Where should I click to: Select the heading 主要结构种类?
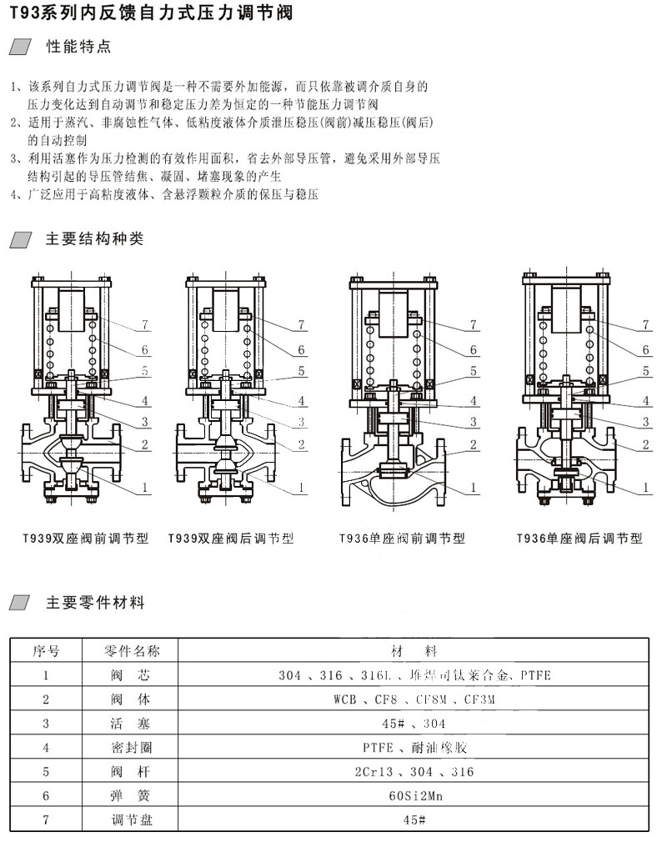click(x=94, y=239)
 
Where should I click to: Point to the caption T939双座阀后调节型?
click(x=231, y=539)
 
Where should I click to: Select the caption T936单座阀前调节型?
click(x=402, y=539)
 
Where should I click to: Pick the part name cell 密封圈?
click(x=131, y=748)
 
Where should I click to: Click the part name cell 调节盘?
click(x=131, y=820)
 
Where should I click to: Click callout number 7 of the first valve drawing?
click(x=144, y=323)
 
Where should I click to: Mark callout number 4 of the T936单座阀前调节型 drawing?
click(x=473, y=402)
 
